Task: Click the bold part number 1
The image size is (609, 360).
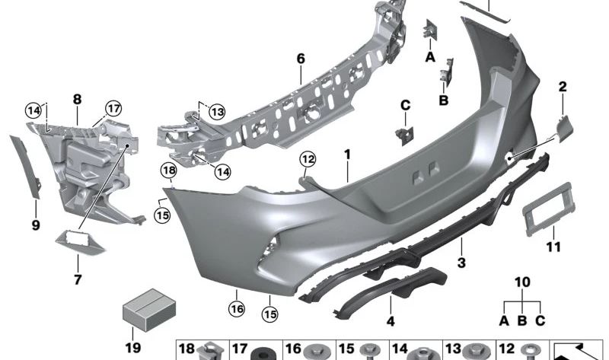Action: [x=346, y=155]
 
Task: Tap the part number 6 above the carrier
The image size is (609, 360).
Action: [x=300, y=58]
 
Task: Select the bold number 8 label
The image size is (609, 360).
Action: [x=77, y=98]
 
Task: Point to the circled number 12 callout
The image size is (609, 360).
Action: [x=307, y=159]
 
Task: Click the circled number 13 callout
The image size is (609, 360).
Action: [x=218, y=112]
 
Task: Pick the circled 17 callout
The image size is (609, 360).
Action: [x=113, y=108]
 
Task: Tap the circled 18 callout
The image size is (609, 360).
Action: [x=167, y=170]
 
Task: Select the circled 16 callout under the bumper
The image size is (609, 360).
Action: [x=236, y=308]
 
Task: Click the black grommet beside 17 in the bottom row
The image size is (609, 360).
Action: [x=265, y=353]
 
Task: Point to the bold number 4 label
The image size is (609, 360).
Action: [x=391, y=321]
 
